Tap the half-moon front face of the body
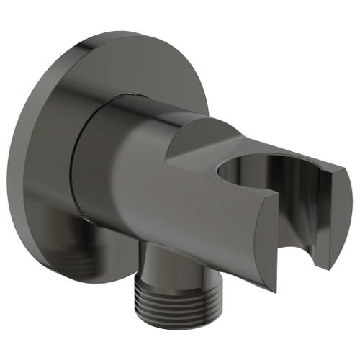click(x=252, y=238)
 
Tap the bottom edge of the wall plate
click(x=101, y=284)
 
